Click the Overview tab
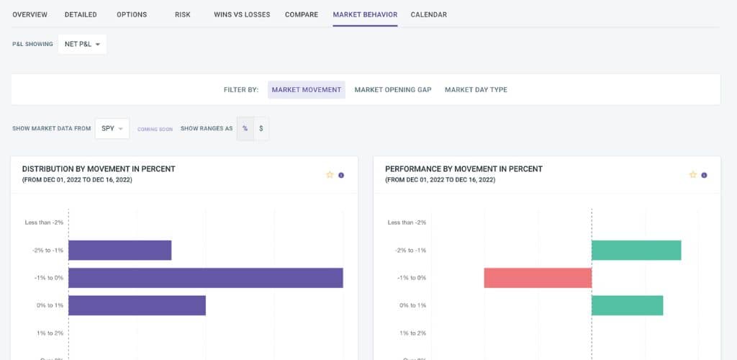point(30,14)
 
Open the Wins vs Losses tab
point(242,14)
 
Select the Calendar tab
point(428,14)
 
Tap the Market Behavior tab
point(365,14)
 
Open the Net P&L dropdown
point(82,44)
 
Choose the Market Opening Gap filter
point(393,89)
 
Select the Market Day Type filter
point(476,89)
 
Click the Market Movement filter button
point(307,89)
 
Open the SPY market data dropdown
point(113,128)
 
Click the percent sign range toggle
point(245,128)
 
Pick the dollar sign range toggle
point(261,128)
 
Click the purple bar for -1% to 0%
point(205,278)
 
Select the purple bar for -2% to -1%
point(119,250)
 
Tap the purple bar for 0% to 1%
point(137,305)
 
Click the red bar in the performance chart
point(538,278)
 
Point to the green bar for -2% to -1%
point(636,250)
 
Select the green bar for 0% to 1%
point(627,305)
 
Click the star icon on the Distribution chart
point(330,174)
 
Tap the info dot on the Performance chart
point(704,174)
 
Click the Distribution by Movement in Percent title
point(99,169)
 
